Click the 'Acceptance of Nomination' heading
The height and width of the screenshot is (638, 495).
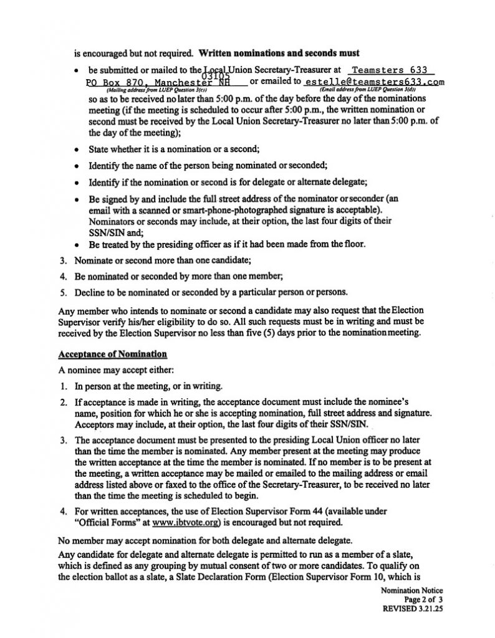pyautogui.click(x=112, y=355)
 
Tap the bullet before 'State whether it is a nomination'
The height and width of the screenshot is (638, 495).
pyautogui.click(x=75, y=150)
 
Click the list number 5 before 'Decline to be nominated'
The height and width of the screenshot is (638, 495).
pyautogui.click(x=62, y=291)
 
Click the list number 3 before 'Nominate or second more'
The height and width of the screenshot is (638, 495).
pyautogui.click(x=62, y=260)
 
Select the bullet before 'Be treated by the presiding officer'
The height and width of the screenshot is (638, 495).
pyautogui.click(x=75, y=245)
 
